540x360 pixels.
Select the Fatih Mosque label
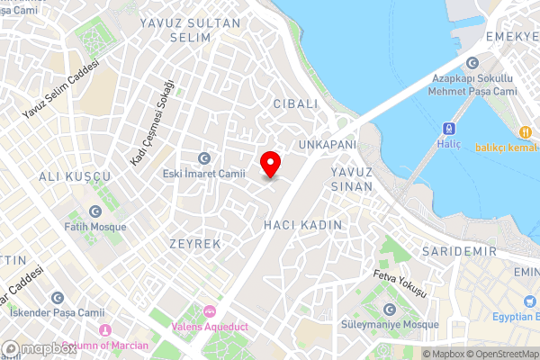(94, 227)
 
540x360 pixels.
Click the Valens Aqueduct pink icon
(210, 311)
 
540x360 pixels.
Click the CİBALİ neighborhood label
(295, 103)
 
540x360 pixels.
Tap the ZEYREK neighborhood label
(194, 244)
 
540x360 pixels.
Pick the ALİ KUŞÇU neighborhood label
(75, 175)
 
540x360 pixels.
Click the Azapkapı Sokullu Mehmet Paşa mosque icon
(472, 62)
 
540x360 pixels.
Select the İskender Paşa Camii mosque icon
(58, 298)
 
